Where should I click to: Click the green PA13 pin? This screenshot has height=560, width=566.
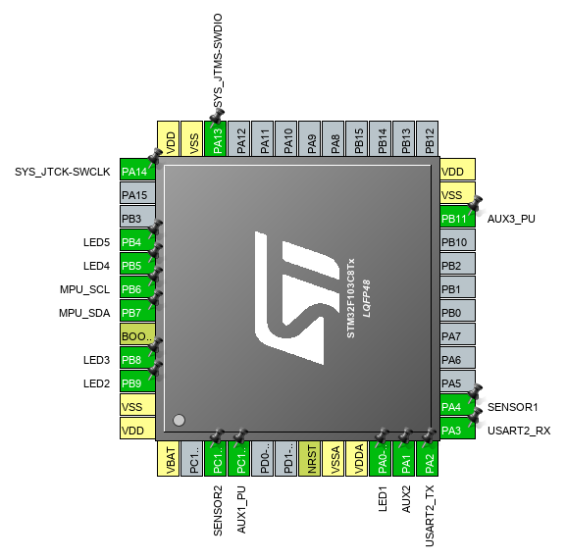216,139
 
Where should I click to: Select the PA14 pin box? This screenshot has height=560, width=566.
137,170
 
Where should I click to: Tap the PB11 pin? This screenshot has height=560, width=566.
458,217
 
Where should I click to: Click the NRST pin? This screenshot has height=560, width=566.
310,458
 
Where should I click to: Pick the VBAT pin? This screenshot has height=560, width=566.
168,458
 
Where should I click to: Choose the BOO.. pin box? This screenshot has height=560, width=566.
137,334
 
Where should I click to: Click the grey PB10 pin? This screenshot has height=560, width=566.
458,240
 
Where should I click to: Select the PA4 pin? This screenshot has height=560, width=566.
458,405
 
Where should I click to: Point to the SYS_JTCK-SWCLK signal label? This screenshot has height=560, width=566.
63,172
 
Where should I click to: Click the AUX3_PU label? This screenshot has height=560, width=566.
511,219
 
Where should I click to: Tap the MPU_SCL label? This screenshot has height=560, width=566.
84,289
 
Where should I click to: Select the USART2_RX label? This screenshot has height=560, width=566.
519,431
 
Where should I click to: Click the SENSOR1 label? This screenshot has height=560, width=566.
513,407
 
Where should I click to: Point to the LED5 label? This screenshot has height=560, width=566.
96,242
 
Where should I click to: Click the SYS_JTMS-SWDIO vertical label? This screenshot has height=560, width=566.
218,61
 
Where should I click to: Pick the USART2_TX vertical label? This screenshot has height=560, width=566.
430,516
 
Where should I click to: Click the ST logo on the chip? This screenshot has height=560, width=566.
297,298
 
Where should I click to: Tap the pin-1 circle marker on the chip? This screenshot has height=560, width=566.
180,420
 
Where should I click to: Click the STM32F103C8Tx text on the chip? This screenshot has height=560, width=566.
351,298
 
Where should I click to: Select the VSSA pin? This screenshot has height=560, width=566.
334,458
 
